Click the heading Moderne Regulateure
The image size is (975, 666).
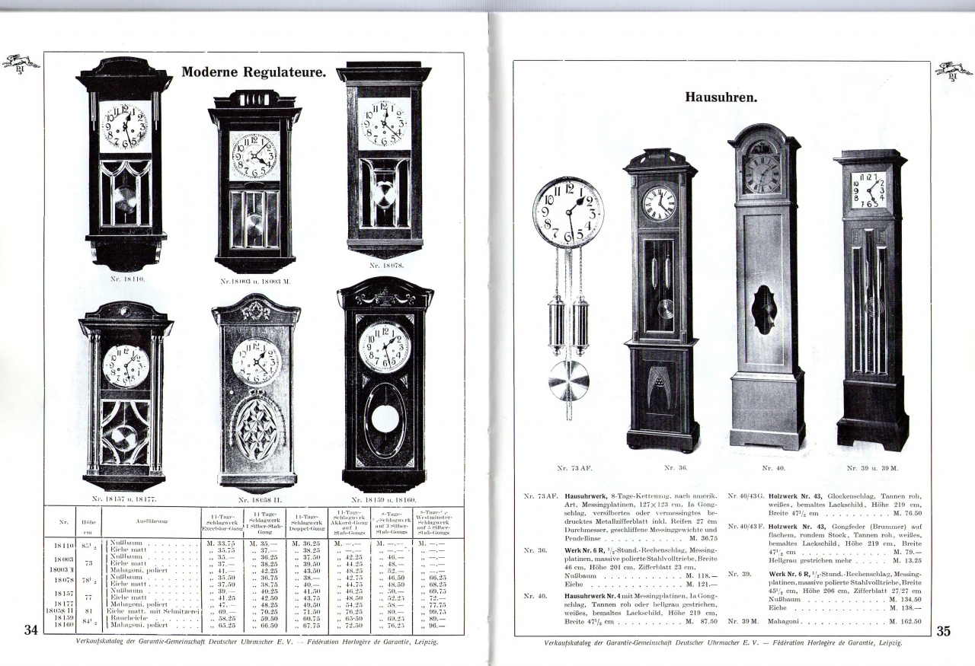(254, 73)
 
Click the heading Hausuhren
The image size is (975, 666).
(720, 97)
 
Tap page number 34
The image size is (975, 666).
(31, 629)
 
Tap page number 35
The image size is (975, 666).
(942, 630)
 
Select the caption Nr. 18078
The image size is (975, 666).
(385, 266)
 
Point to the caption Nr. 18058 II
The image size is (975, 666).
(256, 500)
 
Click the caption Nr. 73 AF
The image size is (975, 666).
(565, 468)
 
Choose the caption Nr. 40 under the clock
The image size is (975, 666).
(773, 468)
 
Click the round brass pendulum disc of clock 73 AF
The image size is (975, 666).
(568, 381)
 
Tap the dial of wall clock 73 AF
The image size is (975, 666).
(568, 212)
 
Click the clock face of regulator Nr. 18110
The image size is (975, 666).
(125, 126)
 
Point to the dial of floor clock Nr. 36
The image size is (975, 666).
(659, 203)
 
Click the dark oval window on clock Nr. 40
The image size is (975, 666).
(764, 310)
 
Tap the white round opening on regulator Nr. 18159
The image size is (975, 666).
(385, 418)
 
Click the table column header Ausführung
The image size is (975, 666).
(152, 521)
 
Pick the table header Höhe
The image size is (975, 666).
(88, 521)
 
